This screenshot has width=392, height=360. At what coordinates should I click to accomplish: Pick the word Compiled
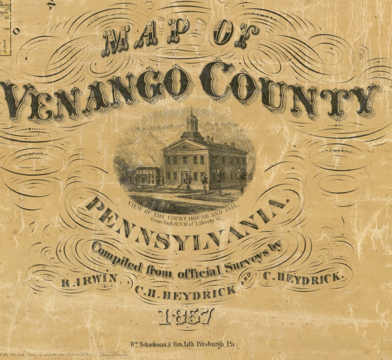tap(117, 258)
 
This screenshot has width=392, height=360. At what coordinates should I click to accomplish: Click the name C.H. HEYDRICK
tap(185, 292)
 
